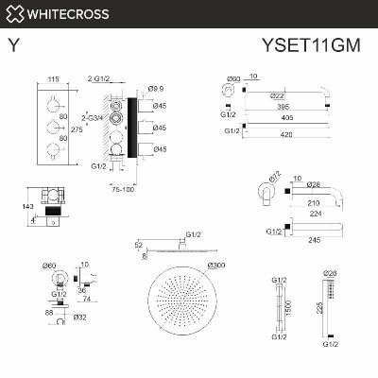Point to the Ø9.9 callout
click(x=157, y=89)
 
